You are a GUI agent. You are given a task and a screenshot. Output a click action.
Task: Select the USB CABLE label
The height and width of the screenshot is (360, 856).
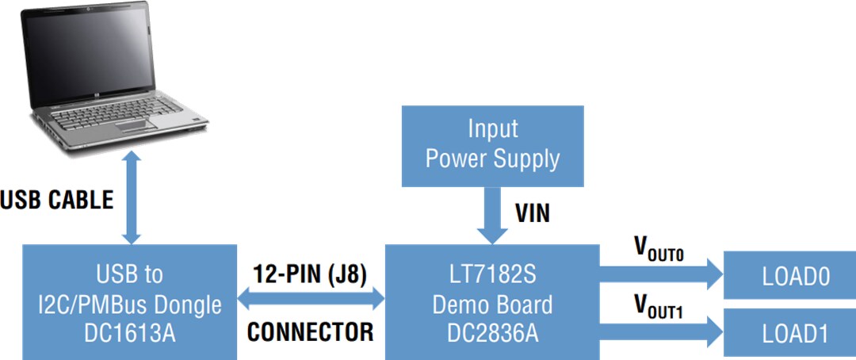click(57, 200)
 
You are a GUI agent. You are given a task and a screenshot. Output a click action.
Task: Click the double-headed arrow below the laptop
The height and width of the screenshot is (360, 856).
click(132, 198)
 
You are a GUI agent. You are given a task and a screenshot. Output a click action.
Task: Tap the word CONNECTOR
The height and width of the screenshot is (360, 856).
click(310, 332)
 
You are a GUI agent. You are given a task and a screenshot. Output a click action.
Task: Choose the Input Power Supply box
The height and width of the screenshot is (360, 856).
click(492, 144)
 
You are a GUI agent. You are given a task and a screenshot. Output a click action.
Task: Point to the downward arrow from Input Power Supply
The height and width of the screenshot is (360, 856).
click(492, 214)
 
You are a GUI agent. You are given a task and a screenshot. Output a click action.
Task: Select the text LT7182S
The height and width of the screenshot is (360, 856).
click(491, 275)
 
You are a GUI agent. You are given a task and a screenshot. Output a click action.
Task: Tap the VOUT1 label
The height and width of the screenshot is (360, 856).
click(658, 306)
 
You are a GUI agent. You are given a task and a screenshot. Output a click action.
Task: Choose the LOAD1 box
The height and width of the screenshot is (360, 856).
click(795, 333)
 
